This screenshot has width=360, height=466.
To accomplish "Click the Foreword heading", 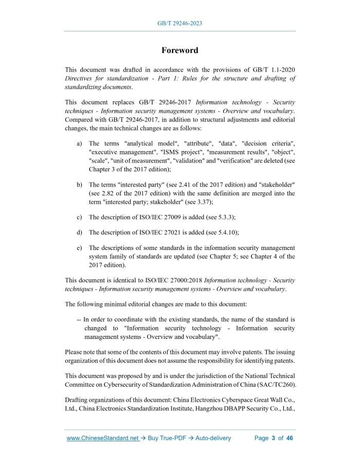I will pyautogui.click(x=179, y=50).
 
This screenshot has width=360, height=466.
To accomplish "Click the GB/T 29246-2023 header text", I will pyautogui.click(x=179, y=24).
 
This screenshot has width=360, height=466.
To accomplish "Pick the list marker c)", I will pyautogui.click(x=80, y=217).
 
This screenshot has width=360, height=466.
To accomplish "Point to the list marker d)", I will pyautogui.click(x=80, y=232).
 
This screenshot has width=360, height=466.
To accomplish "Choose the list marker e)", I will pyautogui.click(x=80, y=248).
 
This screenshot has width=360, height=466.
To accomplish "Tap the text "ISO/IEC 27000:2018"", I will pyautogui.click(x=172, y=281).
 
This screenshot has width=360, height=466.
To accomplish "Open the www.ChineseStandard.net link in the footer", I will pyautogui.click(x=103, y=438).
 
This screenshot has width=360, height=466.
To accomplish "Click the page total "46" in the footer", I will pyautogui.click(x=290, y=438).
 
